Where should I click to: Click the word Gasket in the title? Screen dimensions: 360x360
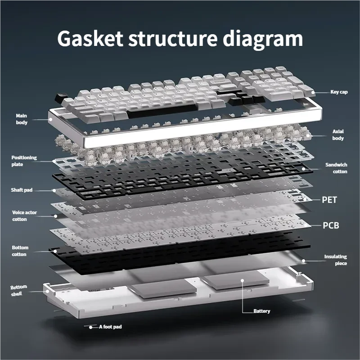tap(90, 38)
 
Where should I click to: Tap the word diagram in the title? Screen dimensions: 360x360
tap(263, 40)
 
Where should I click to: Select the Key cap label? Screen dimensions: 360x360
tap(339, 92)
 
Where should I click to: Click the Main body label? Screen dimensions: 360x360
tap(22, 119)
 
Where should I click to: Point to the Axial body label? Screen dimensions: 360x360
tap(338, 135)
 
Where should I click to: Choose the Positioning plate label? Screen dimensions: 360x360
tap(24, 161)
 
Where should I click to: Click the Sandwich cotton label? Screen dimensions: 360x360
tap(336, 168)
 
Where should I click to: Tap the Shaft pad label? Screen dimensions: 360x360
tap(22, 190)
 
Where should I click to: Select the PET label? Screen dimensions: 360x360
tap(329, 200)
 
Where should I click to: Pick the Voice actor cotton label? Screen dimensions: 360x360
tap(24, 216)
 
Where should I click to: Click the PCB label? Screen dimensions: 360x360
tap(331, 225)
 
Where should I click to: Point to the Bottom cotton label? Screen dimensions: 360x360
tap(20, 251)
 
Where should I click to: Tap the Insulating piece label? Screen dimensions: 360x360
tap(335, 260)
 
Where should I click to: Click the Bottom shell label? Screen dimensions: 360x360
tap(18, 290)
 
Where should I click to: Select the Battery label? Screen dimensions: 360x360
tap(262, 311)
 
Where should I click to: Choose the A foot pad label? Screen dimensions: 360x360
tap(110, 327)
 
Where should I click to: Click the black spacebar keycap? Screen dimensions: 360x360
tap(162, 111)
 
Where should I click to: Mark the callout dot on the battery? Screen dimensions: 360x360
tap(242, 280)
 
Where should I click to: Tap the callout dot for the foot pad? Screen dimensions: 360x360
tap(91, 328)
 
